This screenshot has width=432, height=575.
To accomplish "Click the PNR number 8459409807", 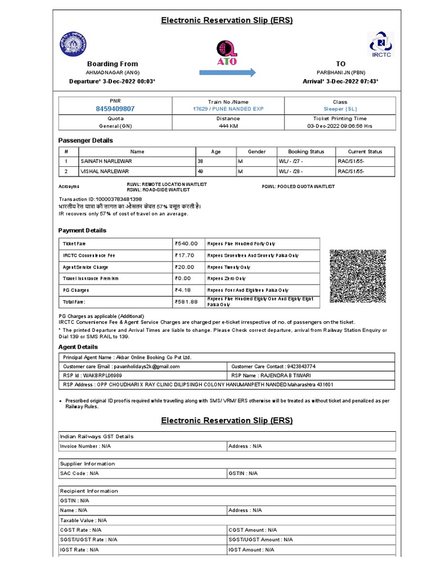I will point(115,109).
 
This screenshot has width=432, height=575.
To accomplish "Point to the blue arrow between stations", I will point(227,72).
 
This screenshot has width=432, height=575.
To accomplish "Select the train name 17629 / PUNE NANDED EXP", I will point(227,109).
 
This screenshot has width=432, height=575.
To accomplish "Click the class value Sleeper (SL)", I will point(340,109).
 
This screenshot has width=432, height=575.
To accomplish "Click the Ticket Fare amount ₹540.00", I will point(186,244).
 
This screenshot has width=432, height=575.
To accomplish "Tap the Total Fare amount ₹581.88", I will point(186,302).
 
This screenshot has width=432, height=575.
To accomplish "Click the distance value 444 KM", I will point(227,126).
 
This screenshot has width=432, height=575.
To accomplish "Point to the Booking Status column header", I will point(306,152).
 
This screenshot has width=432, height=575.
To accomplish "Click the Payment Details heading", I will point(82,230).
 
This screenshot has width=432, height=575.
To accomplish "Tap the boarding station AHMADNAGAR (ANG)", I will point(112,73).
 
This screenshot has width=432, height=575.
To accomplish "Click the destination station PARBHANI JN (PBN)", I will point(340,73).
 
